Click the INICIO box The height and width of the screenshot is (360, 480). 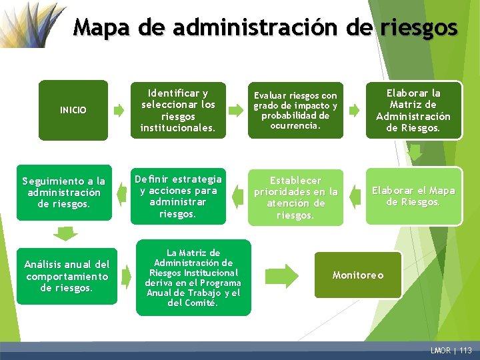[x=73, y=110]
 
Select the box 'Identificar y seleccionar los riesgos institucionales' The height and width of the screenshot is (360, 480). [x=178, y=110]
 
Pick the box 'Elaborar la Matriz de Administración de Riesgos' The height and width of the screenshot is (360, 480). [x=413, y=110]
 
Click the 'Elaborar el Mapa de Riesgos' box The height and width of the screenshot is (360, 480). [x=413, y=196]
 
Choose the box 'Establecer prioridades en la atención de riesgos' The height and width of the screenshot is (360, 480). [x=295, y=197]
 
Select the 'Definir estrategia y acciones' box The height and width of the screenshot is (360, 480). [x=178, y=196]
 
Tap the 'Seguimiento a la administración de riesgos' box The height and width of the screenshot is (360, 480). [x=63, y=192]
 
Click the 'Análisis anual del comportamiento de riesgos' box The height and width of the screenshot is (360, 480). [x=67, y=276]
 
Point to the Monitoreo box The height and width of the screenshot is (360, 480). [x=359, y=275]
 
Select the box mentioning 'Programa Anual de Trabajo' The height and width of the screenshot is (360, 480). [x=193, y=277]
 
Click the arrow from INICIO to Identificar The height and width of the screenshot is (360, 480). [x=119, y=111]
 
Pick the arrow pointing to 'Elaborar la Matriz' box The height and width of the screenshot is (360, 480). [x=354, y=109]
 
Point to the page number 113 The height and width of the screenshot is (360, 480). [x=465, y=351]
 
